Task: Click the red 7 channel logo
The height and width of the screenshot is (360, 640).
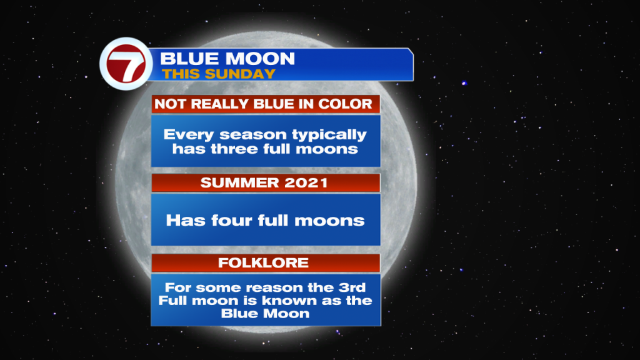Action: click(x=126, y=64)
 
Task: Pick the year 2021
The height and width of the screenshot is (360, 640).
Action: click(x=306, y=183)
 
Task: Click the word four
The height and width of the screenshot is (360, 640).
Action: click(x=231, y=221)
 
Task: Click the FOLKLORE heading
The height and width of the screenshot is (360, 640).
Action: click(x=263, y=263)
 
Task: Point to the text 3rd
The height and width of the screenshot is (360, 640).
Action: click(x=352, y=287)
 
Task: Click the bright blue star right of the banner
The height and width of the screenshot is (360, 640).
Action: click(x=464, y=83)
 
